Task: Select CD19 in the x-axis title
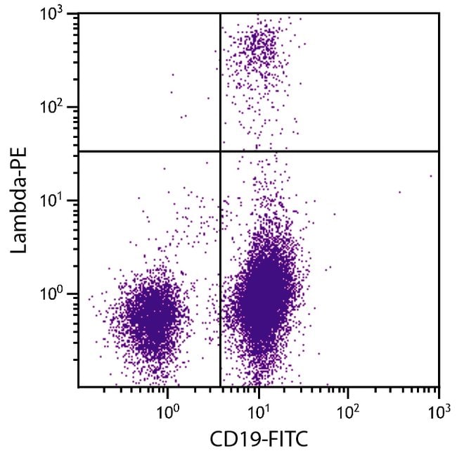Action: tap(231, 440)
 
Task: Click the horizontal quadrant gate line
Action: tap(330, 151)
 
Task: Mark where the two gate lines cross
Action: tap(221, 151)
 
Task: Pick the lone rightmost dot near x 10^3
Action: tap(430, 177)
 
